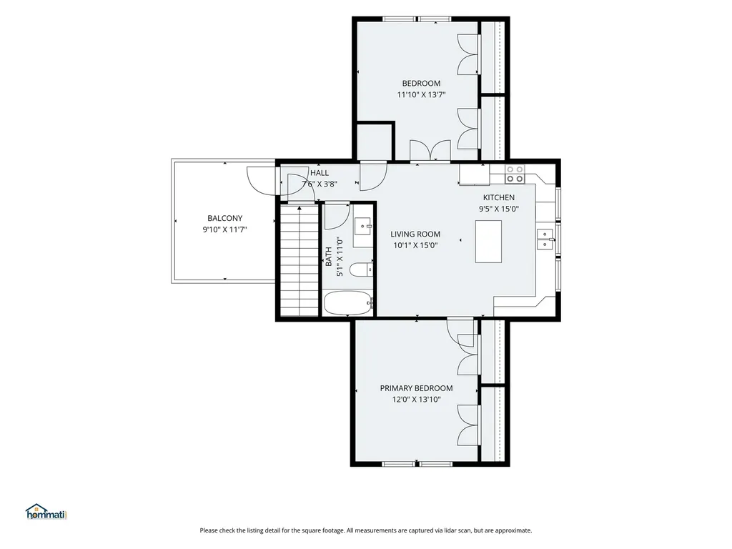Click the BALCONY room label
pos(225,218)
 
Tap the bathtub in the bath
pos(348,303)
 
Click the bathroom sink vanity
pos(362,232)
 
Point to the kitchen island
pos(488,242)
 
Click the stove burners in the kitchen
pos(515,174)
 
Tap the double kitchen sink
pos(545,239)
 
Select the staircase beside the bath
pos(299,260)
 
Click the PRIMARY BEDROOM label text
pos(416,388)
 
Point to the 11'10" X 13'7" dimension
pos(421,95)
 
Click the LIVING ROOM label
pos(415,234)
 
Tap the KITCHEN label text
pos(498,198)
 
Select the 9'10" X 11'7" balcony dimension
pos(224,229)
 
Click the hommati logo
pos(46,512)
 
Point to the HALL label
pos(320,173)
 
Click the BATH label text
pos(329,257)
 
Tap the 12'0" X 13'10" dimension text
pos(417,400)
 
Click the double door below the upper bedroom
pos(430,151)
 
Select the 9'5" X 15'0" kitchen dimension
pos(498,209)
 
